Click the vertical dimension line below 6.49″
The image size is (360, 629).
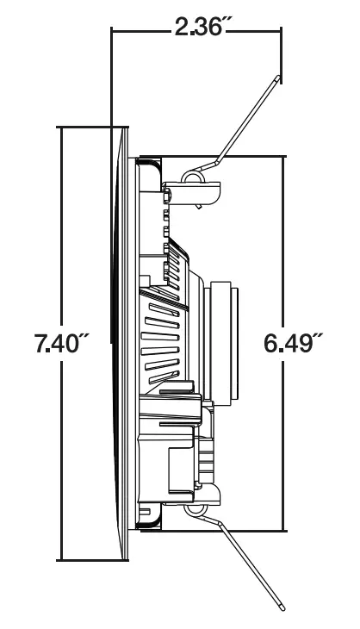click(x=284, y=448)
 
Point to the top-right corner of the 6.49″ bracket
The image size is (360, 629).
click(x=284, y=157)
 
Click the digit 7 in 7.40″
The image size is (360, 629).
click(x=41, y=345)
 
